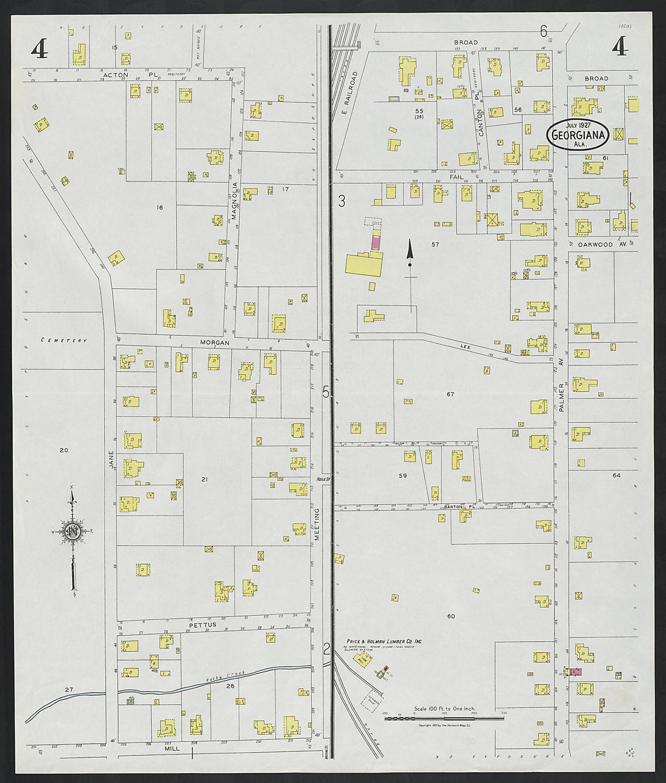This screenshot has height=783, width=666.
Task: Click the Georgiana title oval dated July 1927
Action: [578, 134]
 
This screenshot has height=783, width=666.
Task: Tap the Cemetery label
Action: [64, 340]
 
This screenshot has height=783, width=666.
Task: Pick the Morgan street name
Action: [216, 343]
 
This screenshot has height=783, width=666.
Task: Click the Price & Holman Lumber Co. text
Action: [384, 641]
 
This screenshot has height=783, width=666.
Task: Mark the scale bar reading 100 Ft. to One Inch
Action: [444, 709]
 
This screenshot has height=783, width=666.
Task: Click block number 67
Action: [450, 394]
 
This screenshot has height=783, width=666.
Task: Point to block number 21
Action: [205, 479]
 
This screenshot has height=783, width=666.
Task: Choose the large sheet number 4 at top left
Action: [39, 49]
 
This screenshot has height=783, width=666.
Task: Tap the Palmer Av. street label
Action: [561, 397]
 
